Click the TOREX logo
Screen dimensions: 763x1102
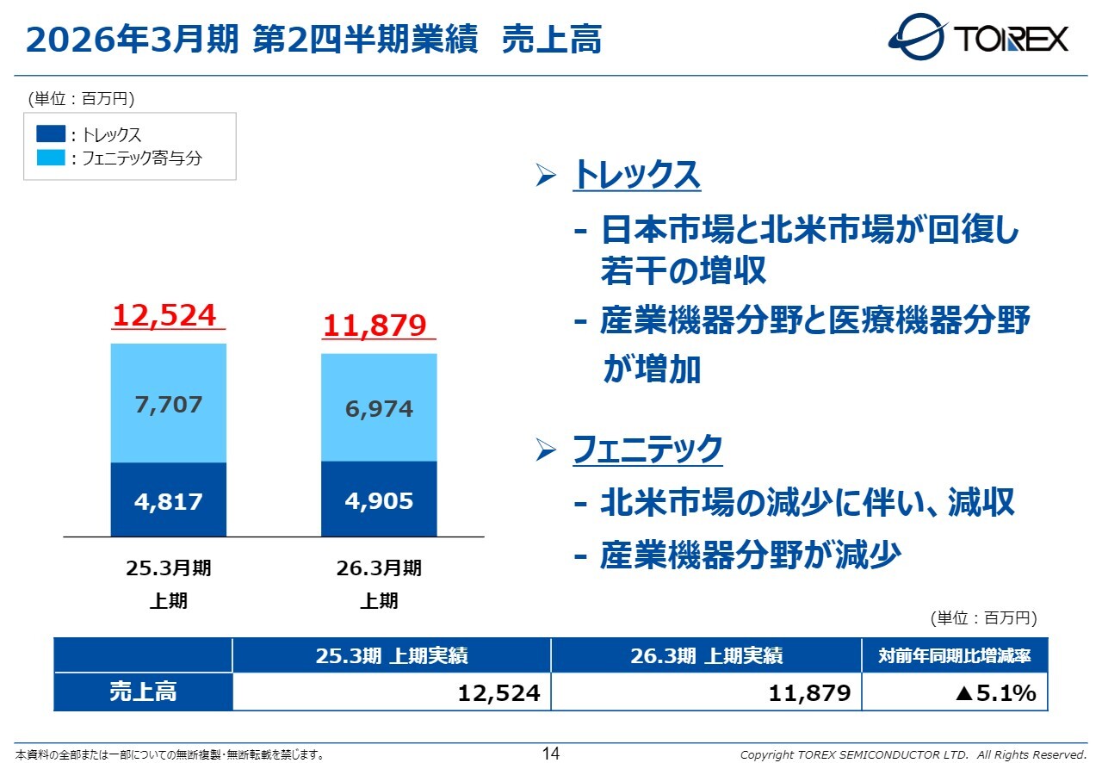point(978,38)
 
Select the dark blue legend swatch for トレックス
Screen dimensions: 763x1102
point(51,134)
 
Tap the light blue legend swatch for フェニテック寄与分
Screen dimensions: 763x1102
point(51,158)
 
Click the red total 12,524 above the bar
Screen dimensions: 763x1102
point(164,316)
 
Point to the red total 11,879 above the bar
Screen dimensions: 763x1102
point(375,326)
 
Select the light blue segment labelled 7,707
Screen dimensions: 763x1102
point(169,403)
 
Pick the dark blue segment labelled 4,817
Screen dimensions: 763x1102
point(169,500)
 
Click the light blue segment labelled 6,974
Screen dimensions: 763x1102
point(379,407)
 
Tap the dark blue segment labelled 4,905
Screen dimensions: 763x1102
point(379,499)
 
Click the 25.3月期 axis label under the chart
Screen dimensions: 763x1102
point(169,568)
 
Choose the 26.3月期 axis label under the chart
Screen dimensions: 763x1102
point(379,568)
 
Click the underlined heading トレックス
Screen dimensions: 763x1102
point(636,176)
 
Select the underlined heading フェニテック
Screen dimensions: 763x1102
point(647,450)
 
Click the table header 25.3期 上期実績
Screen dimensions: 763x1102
point(391,656)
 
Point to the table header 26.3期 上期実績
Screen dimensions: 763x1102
point(706,656)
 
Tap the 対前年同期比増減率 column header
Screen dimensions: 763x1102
point(954,656)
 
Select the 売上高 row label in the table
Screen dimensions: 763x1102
point(143,692)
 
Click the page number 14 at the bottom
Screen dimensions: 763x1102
point(551,754)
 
